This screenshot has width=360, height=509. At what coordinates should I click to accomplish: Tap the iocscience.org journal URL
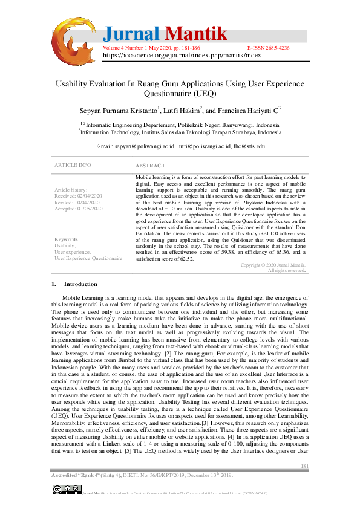[182, 54]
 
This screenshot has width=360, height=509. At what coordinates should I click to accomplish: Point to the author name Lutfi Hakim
[182, 111]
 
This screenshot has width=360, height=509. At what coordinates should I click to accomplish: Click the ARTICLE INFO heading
[73, 165]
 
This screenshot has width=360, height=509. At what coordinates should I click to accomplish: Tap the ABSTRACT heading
[149, 166]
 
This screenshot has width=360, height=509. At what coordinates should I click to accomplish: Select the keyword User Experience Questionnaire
[88, 258]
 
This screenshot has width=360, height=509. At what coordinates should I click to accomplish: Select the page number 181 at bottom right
[304, 465]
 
